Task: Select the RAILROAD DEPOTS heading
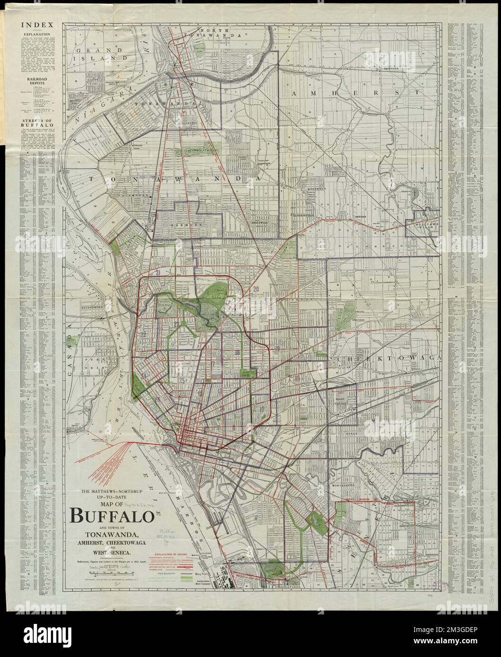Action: [33, 84]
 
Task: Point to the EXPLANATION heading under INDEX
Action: [33, 35]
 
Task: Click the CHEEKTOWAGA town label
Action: [387, 359]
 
